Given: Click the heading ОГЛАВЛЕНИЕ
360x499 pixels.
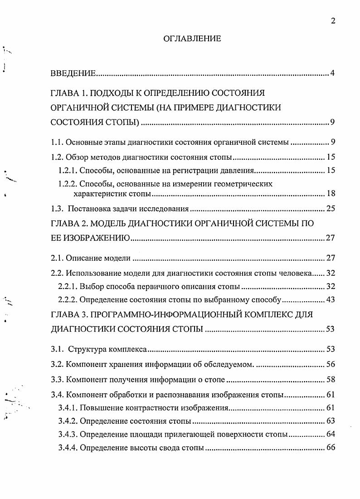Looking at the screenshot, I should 192,39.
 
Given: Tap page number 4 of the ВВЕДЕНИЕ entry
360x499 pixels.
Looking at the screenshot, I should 332,73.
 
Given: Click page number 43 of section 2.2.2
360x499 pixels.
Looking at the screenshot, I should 330,300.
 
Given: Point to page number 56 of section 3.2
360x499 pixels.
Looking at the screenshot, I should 330,364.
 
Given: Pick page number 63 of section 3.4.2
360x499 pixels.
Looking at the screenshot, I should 330,421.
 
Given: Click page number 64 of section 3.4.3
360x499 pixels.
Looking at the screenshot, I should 330,435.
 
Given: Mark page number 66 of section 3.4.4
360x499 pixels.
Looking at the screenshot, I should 330,448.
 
